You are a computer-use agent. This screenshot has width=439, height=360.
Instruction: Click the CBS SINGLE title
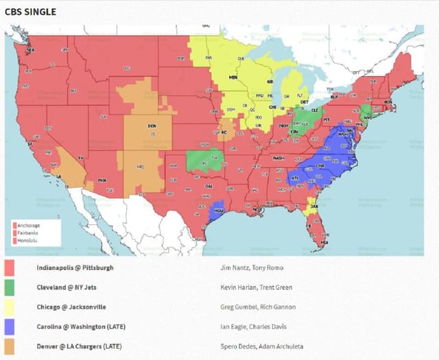coord(30,12)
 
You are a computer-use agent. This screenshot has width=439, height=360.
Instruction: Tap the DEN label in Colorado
coord(152,126)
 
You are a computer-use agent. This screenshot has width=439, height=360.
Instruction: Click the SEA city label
coord(29,50)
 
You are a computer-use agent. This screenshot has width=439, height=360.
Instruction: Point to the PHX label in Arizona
coord(102,180)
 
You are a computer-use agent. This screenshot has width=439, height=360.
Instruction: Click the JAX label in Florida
coord(314,205)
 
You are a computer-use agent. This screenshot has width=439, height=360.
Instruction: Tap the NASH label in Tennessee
coord(278,158)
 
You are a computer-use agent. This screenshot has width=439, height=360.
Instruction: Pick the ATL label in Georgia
coord(295,178)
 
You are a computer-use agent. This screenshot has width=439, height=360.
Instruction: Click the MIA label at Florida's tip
coord(324,242)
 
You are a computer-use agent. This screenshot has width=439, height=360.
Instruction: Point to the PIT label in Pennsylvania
coord(327,119)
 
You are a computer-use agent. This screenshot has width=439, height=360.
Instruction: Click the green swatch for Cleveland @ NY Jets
coord(11,287)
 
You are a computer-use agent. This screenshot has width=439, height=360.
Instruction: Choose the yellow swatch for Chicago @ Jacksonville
coord(11,307)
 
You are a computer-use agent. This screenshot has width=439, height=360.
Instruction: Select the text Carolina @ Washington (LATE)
coord(82,326)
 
